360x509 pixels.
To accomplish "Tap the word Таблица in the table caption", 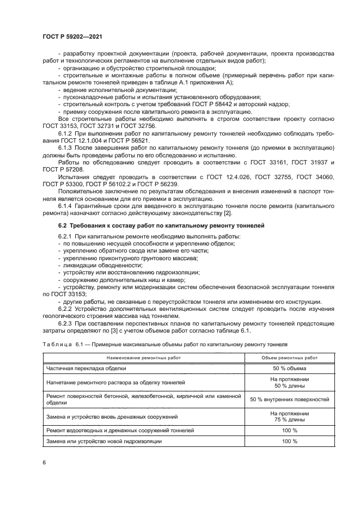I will (x=57, y=345).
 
